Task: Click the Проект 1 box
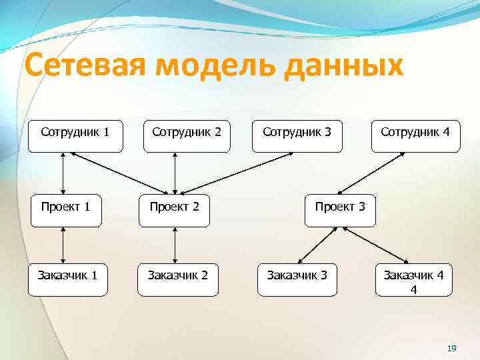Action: click(x=65, y=208)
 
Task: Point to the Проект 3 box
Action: click(x=340, y=208)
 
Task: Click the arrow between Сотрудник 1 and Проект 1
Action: click(x=63, y=171)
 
